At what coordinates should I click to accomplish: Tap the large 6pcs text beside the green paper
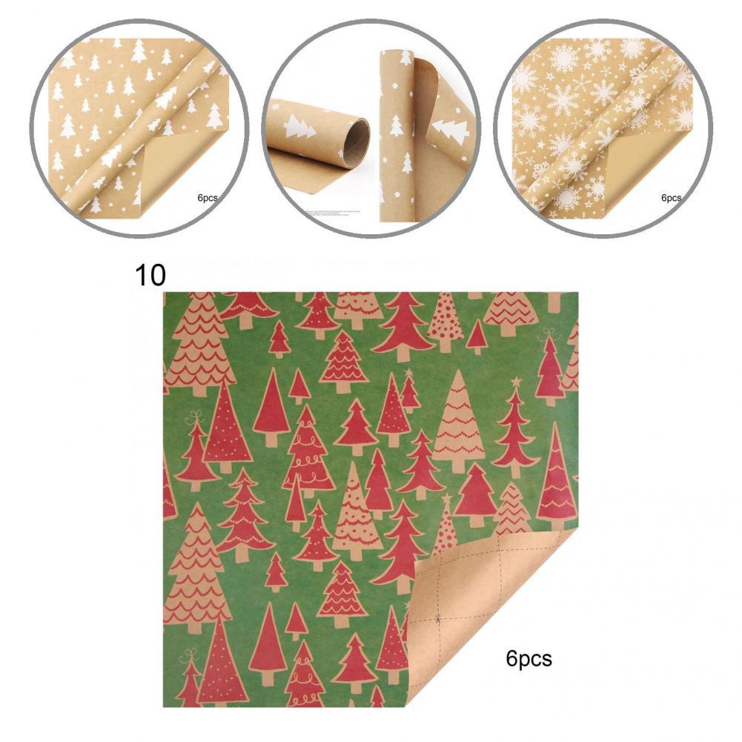(529, 658)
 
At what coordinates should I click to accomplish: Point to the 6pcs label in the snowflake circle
(670, 198)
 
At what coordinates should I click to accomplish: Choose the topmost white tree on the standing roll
(405, 57)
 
